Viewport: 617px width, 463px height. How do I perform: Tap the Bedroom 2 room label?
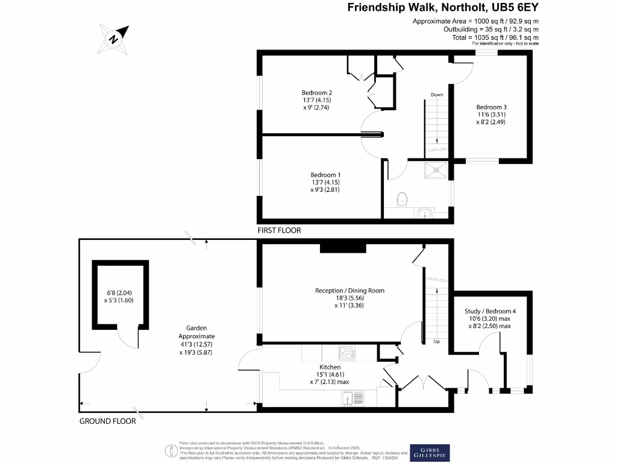(317, 92)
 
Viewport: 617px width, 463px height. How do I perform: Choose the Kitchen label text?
(330, 367)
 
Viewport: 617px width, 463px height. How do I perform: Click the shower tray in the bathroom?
(436, 171)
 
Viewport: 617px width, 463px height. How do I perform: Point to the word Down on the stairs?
(437, 95)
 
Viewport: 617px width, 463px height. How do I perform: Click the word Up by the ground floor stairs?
(437, 342)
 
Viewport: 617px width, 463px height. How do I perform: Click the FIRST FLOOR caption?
(279, 231)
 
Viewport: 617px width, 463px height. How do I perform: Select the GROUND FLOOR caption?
(108, 421)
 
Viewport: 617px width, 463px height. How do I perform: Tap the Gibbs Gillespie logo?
(430, 452)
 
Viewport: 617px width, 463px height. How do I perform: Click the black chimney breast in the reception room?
(343, 247)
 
